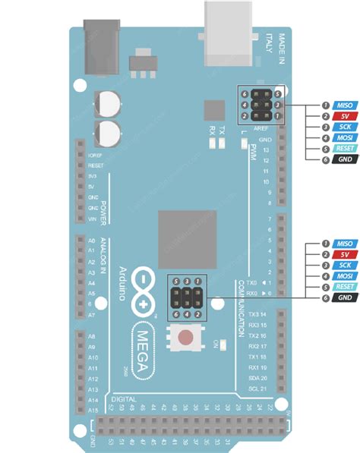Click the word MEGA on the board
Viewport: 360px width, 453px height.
(141, 349)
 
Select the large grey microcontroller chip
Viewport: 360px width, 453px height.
(187, 238)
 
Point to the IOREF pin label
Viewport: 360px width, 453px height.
(96, 154)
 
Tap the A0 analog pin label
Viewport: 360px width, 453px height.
(92, 240)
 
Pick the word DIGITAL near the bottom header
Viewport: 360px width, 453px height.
(125, 399)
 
